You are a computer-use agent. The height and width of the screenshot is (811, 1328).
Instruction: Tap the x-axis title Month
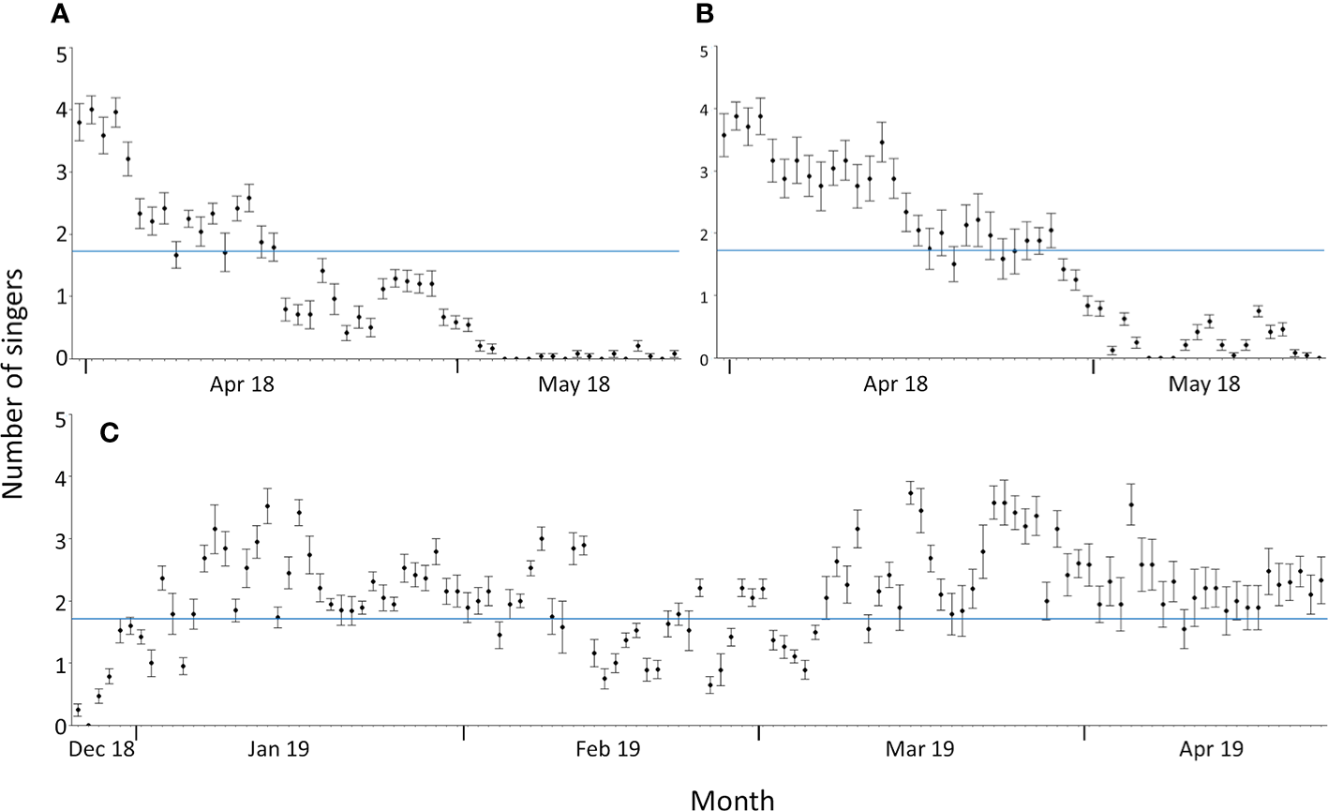pos(732,799)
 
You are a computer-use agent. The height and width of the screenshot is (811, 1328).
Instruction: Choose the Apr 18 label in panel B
pos(895,383)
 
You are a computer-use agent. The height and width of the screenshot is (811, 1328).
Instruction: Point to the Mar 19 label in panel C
pos(921,750)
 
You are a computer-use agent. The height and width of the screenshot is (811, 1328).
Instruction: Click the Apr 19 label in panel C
pos(1211,750)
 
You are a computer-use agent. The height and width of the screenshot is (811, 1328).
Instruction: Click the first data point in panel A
pos(80,122)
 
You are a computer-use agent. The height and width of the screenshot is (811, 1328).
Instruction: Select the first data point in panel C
pos(78,710)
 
